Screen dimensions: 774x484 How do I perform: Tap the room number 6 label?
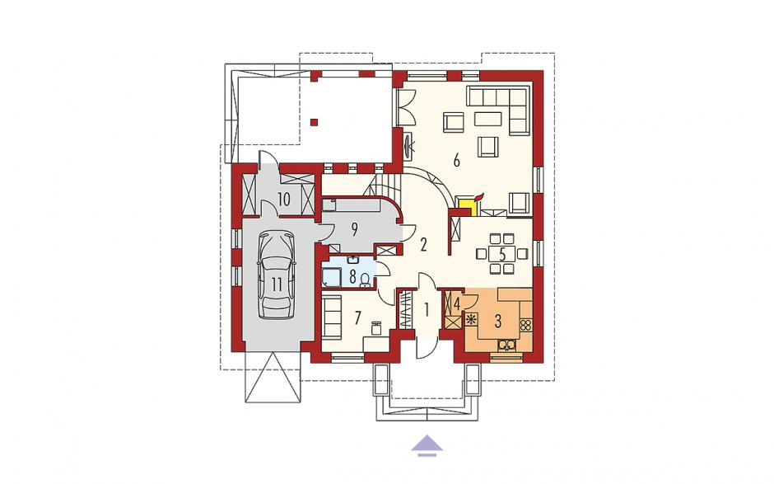tap(457, 161)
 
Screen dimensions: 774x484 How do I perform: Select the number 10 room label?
tap(283, 200)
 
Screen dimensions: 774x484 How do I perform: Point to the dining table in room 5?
tap(501, 254)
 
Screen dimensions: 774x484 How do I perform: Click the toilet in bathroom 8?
tap(365, 280)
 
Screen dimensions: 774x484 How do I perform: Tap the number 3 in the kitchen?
tap(498, 321)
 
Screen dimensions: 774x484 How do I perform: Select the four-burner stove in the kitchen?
tap(525, 326)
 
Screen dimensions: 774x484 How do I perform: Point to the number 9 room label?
tap(354, 229)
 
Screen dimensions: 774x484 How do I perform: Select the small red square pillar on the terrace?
tap(314, 121)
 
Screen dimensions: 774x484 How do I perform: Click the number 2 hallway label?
tap(423, 245)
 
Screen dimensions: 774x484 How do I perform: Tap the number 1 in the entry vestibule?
tap(427, 310)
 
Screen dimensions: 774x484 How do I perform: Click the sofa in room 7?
tap(332, 317)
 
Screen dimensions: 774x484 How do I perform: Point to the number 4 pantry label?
tap(457, 304)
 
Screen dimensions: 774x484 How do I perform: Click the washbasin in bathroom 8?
tap(353, 259)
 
